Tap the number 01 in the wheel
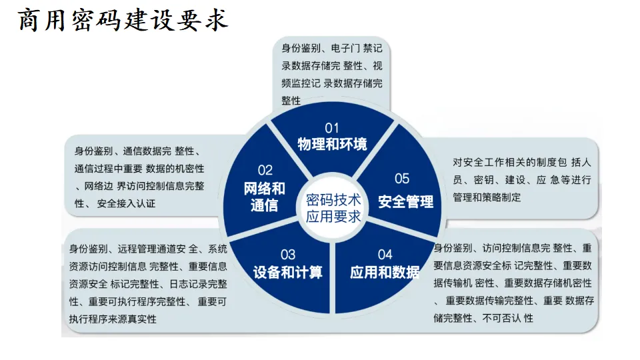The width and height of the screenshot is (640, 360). [x=331, y=127]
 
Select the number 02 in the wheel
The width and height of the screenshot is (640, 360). [x=265, y=170]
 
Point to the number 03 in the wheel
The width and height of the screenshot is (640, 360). [x=287, y=254]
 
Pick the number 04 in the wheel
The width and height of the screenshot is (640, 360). [x=385, y=254]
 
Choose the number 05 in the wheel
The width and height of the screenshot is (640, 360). [x=401, y=178]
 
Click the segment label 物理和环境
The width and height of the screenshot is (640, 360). [x=331, y=144]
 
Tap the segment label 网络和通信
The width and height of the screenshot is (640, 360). [x=264, y=197]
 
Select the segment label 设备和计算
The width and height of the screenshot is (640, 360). [x=287, y=272]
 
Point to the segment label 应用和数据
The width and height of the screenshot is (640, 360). [x=385, y=272]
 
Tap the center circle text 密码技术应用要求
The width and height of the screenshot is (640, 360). [x=333, y=208]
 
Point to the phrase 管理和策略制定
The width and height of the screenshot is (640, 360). [x=487, y=197]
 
